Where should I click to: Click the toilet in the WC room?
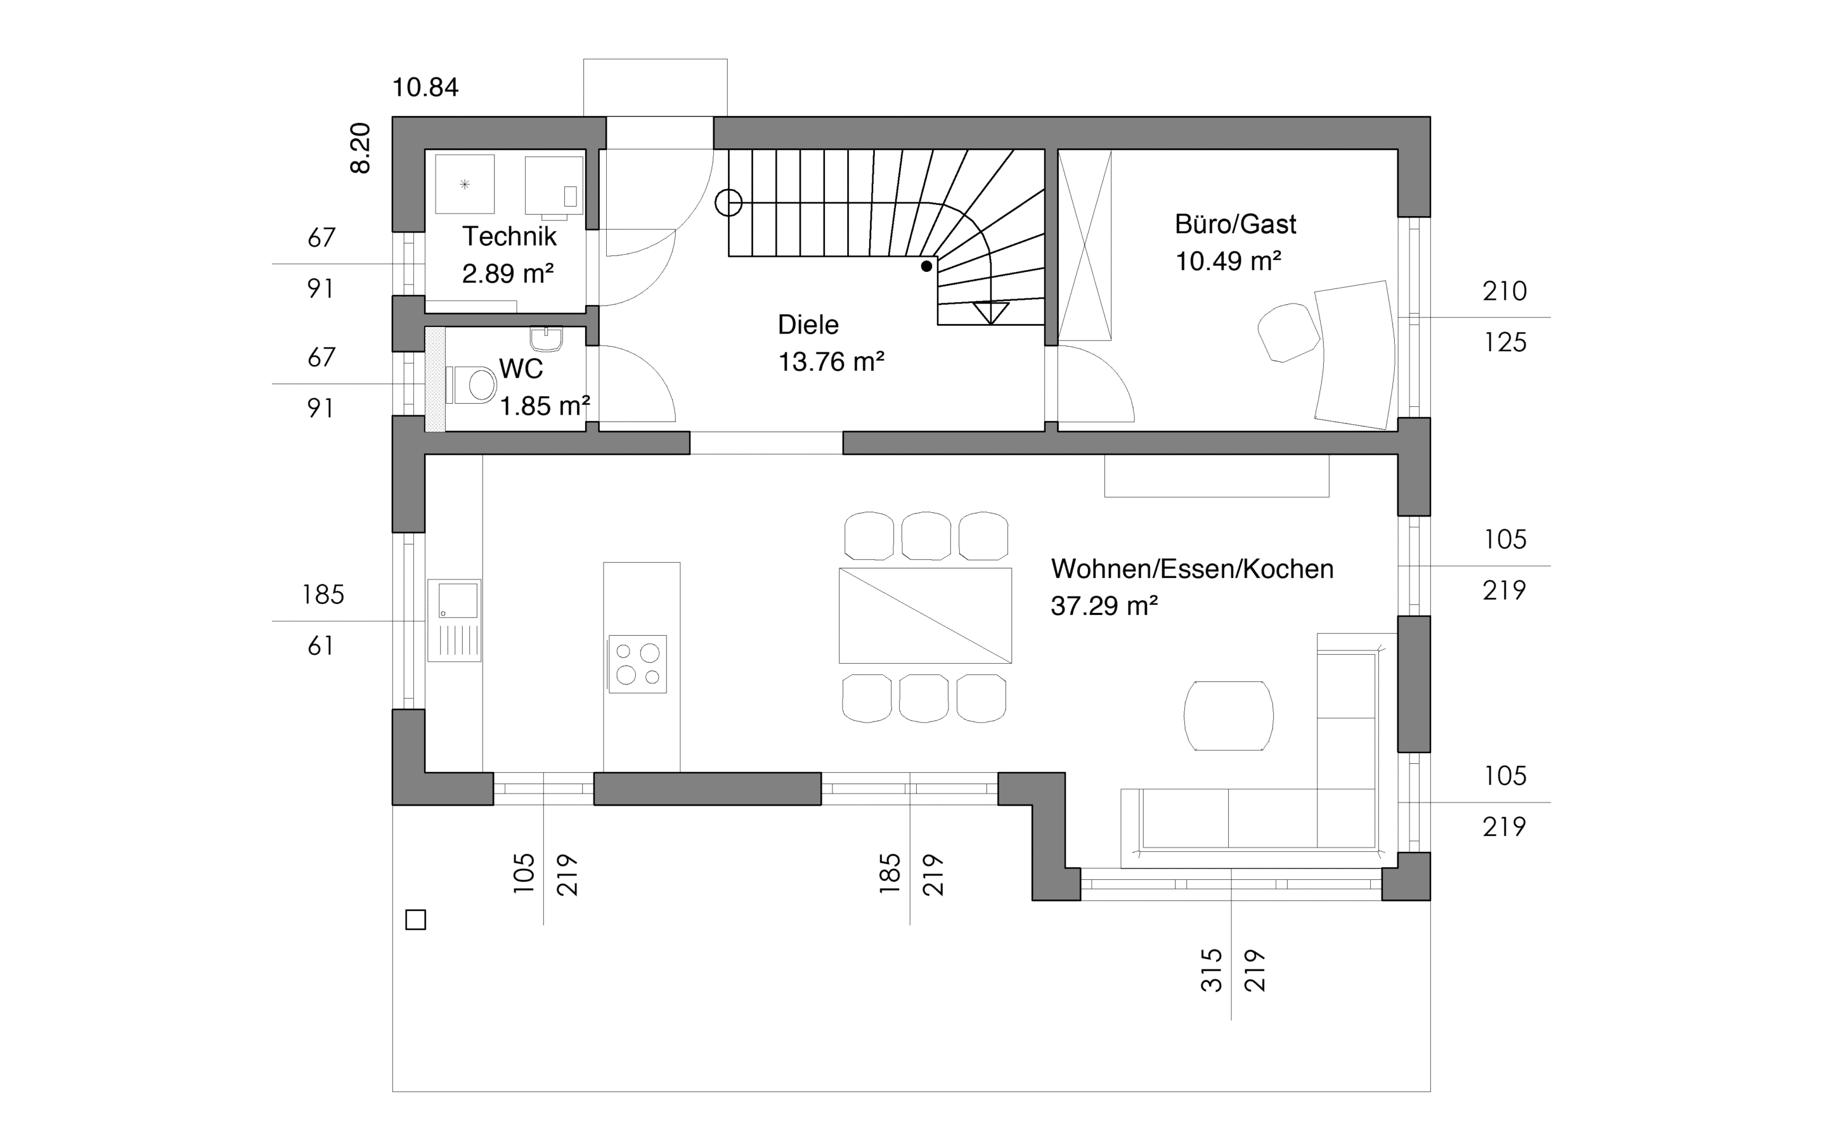point(471,385)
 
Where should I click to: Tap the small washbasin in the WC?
point(547,339)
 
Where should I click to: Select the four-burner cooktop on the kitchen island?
point(638,664)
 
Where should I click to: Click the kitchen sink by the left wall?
point(454,621)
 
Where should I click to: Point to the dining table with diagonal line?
point(925,616)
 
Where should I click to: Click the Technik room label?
point(509,236)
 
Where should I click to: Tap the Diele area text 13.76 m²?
point(831,362)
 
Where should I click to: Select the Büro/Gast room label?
point(1235,224)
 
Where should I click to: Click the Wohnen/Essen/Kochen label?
point(1192,569)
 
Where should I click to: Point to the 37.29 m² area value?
point(1104,606)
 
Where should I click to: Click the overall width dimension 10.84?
point(425,87)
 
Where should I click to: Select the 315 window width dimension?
point(1211,970)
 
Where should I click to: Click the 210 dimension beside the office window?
point(1505,292)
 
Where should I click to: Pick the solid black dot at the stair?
point(926,266)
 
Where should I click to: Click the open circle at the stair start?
point(728,202)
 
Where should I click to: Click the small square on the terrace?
point(416,920)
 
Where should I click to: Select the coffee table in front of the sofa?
point(1228,716)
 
